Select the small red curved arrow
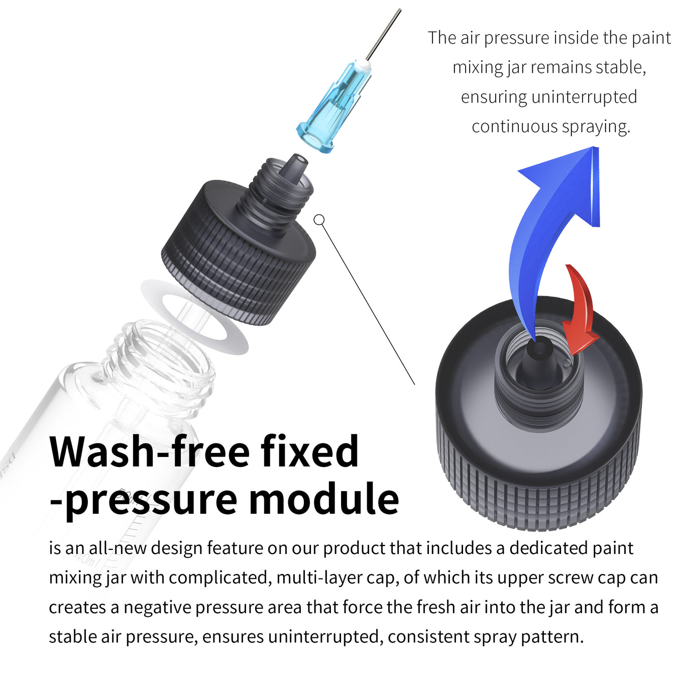point(581,311)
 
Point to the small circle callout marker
point(319,220)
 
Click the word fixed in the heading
point(309,452)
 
